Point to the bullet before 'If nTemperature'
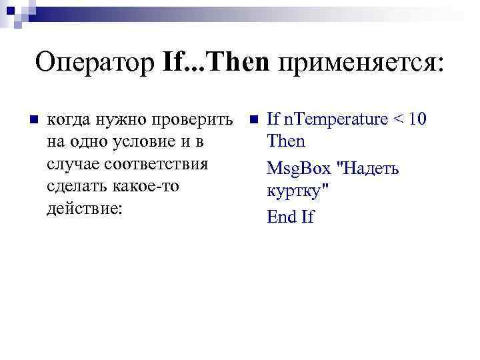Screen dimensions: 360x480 253,120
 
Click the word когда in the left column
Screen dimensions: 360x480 69,120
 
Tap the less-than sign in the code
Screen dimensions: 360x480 398,121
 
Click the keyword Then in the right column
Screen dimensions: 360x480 285,141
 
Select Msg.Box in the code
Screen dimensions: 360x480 298,169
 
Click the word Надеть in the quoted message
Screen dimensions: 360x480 369,169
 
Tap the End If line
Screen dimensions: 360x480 290,217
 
